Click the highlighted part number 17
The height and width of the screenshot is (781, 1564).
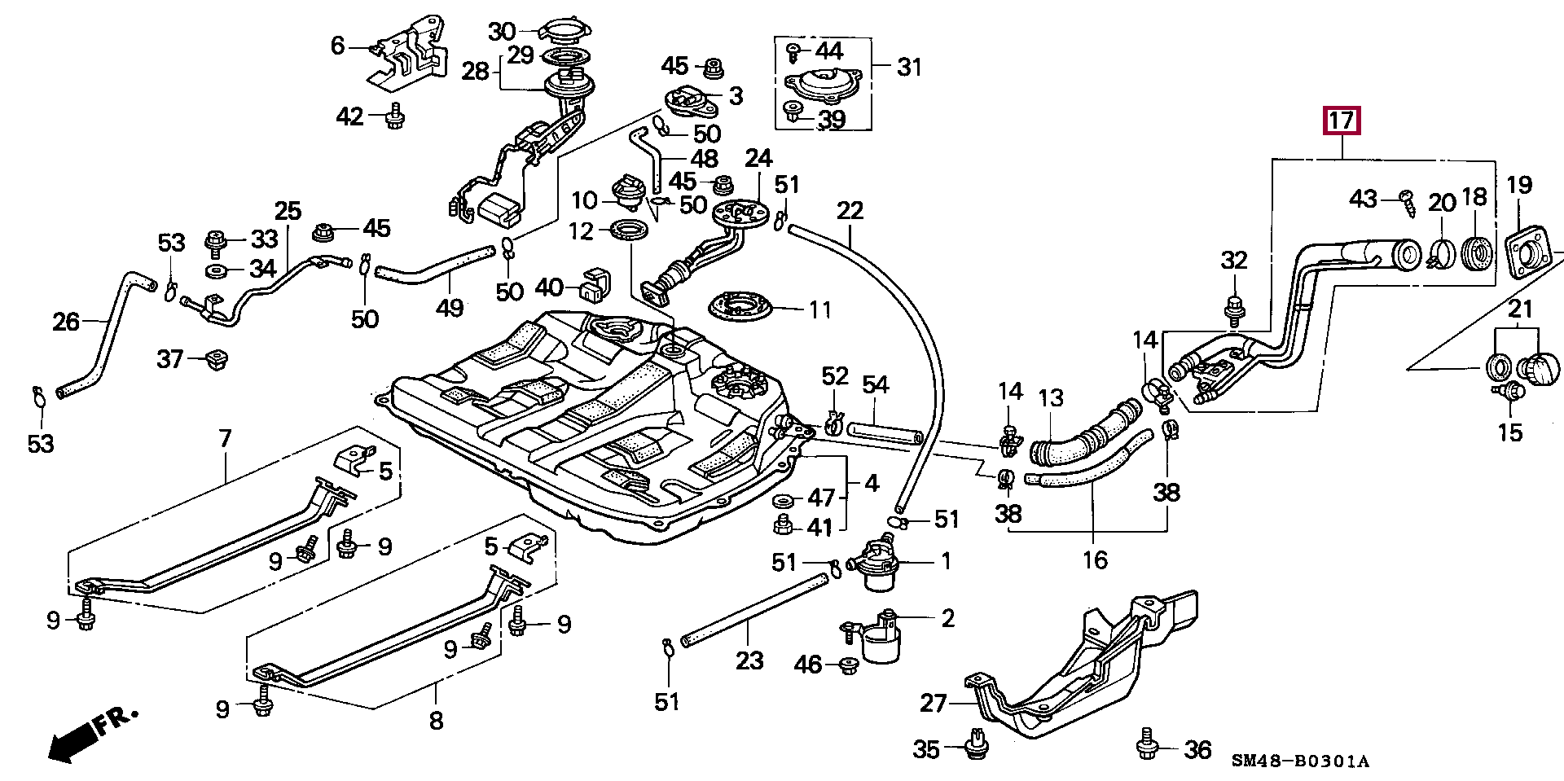(1342, 122)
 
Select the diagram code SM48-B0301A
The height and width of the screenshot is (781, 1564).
(1300, 762)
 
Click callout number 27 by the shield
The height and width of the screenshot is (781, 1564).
(934, 702)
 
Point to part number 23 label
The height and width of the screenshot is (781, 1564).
(749, 660)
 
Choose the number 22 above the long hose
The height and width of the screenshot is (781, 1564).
(850, 211)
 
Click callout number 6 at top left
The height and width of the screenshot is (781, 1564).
(338, 46)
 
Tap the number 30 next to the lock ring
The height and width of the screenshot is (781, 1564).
(502, 32)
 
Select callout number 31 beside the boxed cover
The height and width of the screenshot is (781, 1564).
(909, 66)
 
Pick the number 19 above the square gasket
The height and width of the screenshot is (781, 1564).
(1519, 186)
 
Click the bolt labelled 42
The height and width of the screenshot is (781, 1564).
(396, 116)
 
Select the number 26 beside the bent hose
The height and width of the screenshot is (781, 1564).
(67, 322)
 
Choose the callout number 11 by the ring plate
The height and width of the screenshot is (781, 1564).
(819, 309)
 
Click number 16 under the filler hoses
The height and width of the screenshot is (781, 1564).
(1095, 559)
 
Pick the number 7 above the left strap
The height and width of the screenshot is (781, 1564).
(225, 440)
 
